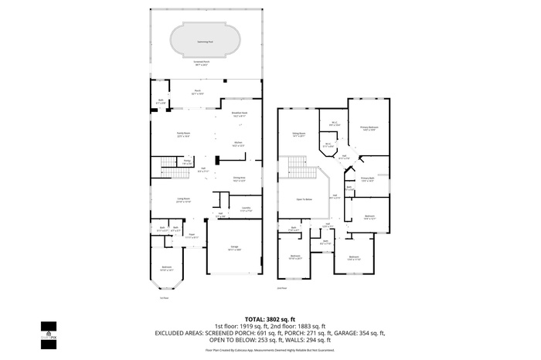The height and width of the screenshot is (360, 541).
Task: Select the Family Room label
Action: point(183,134)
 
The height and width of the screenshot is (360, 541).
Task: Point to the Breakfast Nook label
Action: point(240,114)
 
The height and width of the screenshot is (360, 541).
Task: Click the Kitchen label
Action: point(240,143)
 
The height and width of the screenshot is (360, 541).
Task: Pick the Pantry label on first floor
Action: point(187,162)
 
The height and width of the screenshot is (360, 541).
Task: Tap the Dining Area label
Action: point(240,178)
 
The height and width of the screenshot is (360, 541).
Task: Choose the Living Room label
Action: point(183,200)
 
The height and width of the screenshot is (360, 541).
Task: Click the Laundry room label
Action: point(246,209)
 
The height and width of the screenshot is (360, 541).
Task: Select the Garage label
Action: point(234,248)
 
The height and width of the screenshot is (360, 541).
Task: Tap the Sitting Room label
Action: point(298,134)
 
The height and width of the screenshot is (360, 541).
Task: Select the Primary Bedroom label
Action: point(368,127)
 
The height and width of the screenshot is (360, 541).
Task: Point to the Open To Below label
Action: point(305,199)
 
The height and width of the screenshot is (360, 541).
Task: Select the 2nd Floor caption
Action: point(283,289)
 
